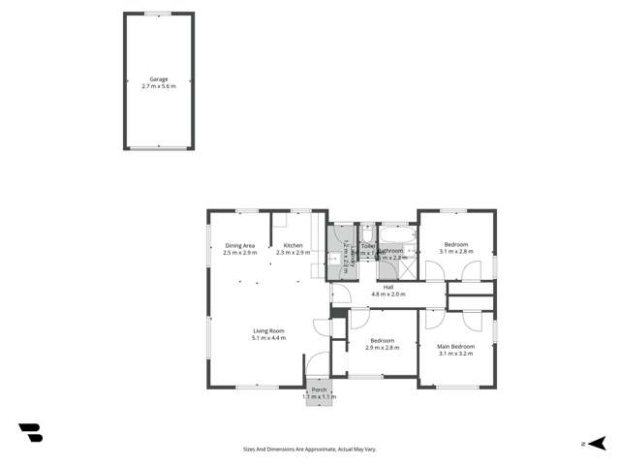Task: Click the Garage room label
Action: click(159, 79)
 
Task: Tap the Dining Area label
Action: click(239, 245)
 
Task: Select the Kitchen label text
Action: click(294, 245)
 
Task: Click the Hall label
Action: click(387, 287)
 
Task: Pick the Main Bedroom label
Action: click(455, 346)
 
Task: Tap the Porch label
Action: click(319, 389)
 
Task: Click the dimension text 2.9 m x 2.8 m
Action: click(382, 347)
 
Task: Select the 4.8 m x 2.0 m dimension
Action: click(387, 294)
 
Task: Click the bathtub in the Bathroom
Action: click(397, 233)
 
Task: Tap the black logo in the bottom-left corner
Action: click(30, 433)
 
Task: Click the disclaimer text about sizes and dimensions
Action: click(309, 449)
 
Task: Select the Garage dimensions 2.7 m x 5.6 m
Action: click(159, 86)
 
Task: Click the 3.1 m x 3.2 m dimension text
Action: click(455, 354)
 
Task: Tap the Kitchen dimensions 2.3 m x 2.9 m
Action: click(294, 252)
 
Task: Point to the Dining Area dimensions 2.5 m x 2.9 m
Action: click(239, 252)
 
